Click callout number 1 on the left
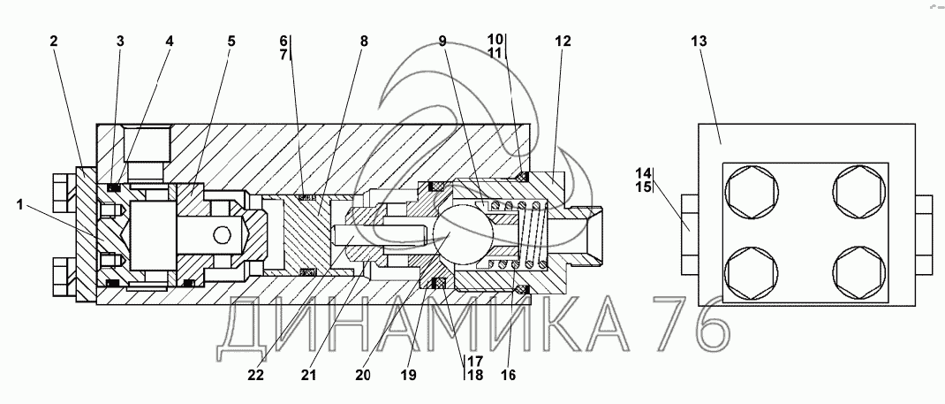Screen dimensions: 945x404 [19, 205]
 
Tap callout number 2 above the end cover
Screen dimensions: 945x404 [54, 41]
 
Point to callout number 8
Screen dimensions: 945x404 [363, 41]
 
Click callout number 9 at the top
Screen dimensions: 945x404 [442, 41]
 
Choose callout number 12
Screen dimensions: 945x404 [563, 41]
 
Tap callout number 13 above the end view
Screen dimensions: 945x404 [699, 41]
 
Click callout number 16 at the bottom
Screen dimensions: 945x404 [508, 375]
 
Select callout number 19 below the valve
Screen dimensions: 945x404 [408, 375]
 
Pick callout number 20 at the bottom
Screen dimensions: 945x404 [362, 375]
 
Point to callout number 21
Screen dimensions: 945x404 [308, 375]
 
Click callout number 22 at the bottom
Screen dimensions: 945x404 [255, 375]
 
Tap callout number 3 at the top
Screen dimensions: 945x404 [120, 41]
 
